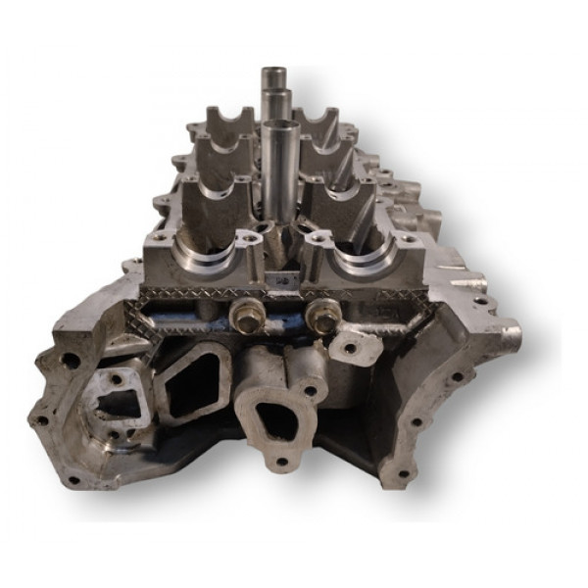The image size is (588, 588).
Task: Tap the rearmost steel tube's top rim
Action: tap(271, 71)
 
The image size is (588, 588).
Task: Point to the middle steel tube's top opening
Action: tap(278, 94)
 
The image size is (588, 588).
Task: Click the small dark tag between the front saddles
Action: tap(285, 281)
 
